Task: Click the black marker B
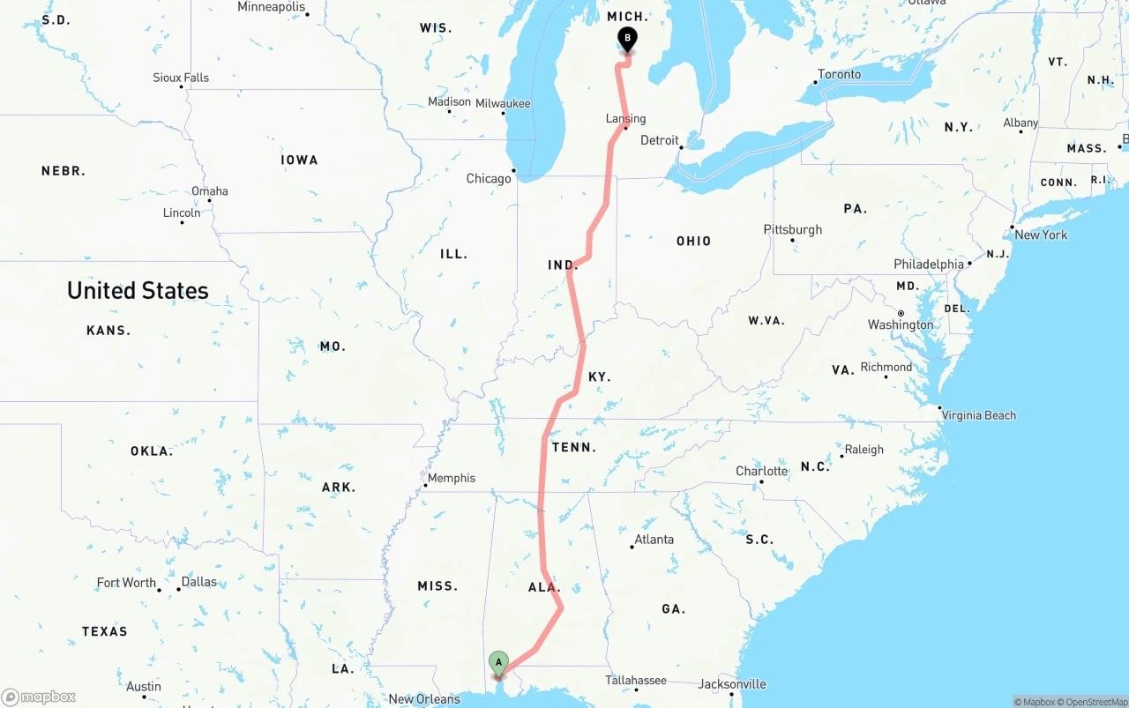pyautogui.click(x=627, y=39)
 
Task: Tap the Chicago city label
pyautogui.click(x=489, y=178)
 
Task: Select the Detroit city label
pyautogui.click(x=660, y=140)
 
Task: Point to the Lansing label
pyautogui.click(x=626, y=118)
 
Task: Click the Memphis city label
pyautogui.click(x=452, y=478)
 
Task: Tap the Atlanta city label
pyautogui.click(x=654, y=540)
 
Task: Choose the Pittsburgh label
pyautogui.click(x=793, y=229)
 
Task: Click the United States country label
pyautogui.click(x=138, y=290)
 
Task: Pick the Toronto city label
pyautogui.click(x=840, y=74)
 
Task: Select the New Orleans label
pyautogui.click(x=424, y=699)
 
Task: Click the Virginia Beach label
pyautogui.click(x=979, y=415)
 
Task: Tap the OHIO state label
pyautogui.click(x=693, y=241)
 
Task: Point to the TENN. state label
pyautogui.click(x=574, y=447)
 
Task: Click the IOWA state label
pyautogui.click(x=299, y=160)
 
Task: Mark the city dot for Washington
pyautogui.click(x=901, y=313)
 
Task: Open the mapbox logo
pyautogui.click(x=39, y=697)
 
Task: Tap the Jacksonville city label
pyautogui.click(x=732, y=683)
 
